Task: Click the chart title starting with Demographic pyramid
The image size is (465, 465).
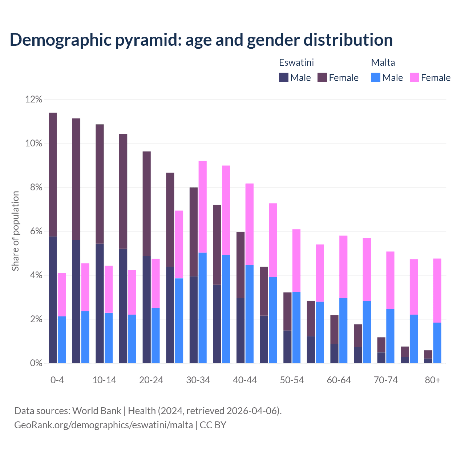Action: pos(201,40)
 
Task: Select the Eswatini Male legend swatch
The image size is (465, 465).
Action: pos(284,77)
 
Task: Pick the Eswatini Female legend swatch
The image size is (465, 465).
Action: pos(322,77)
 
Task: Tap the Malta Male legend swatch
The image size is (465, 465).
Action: pos(376,77)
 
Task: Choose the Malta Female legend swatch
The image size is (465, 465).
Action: pos(415,77)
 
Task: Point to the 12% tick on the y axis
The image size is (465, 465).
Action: pos(34,99)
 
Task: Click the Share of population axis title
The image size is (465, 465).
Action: pos(15,231)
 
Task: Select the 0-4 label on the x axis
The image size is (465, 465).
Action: pos(57,380)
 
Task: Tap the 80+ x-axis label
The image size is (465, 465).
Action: pos(433,380)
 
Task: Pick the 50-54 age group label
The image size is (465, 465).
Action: pos(292,380)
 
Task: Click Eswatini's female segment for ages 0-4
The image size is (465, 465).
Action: pos(53,174)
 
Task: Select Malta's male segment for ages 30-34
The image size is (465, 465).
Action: pos(203,308)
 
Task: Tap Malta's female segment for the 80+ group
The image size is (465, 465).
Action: pos(437,290)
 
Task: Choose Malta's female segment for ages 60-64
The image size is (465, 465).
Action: pos(343,267)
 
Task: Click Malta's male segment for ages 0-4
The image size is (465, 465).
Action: pos(62,340)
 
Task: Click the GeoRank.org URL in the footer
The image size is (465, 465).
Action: pos(104,425)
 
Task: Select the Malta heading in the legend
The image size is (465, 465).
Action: pos(383,62)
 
